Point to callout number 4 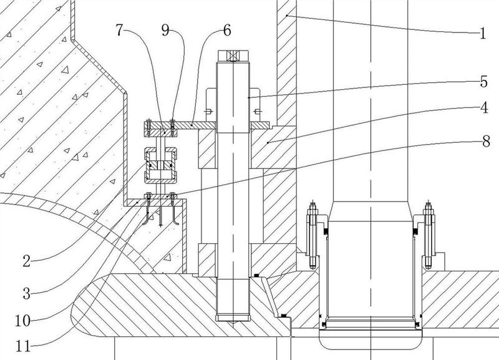tap(482, 106)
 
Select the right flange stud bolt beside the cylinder tap(429, 231)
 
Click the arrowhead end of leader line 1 tap(286, 14)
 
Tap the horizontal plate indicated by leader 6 tap(187, 125)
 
